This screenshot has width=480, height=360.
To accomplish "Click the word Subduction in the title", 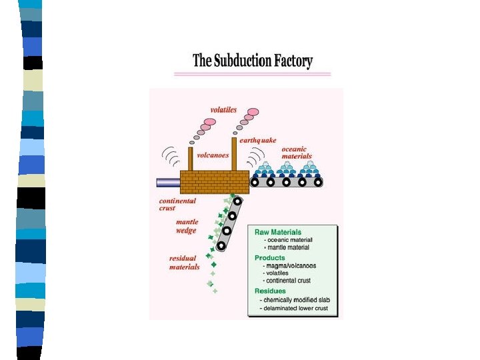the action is tap(242, 60).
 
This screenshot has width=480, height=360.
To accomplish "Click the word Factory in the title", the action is tap(293, 61).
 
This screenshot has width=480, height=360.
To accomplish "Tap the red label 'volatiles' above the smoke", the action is tap(223, 110).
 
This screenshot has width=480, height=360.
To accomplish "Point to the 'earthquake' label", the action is tap(258, 141).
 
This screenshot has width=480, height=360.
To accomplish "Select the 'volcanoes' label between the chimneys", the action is tap(213, 155).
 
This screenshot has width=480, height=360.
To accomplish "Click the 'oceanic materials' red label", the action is tap(297, 153).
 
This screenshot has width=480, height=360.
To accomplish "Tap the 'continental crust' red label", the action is tap(177, 205).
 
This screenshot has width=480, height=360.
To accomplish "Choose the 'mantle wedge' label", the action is tap(187, 226).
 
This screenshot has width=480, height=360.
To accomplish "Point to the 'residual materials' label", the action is tap(184, 263).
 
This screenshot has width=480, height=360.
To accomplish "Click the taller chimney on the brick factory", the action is tap(234, 154).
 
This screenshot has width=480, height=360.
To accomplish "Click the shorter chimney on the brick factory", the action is tap(191, 159).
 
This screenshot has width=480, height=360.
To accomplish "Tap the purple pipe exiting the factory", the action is tap(168, 183).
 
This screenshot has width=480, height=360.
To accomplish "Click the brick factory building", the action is tap(215, 182).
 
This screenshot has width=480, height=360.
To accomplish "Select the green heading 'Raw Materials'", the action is tap(278, 232).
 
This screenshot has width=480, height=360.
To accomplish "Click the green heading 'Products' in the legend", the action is tap(270, 258).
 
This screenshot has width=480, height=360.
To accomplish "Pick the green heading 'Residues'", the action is tap(270, 291).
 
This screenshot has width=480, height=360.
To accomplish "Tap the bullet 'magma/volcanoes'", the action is tap(289, 266).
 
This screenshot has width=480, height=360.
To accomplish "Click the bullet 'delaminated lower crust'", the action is tap(294, 308).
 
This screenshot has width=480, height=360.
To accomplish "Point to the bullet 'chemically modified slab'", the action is tap(295, 300).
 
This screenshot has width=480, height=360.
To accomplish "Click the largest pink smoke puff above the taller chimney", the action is tap(253, 112).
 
